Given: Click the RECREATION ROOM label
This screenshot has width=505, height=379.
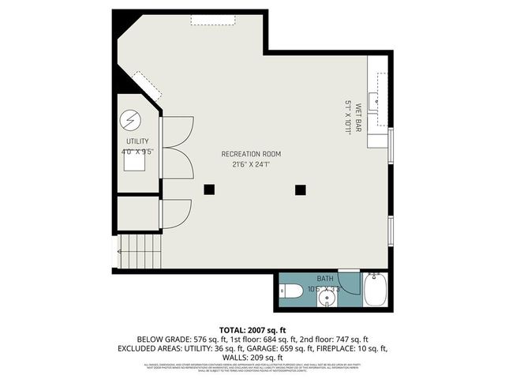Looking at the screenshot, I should click(251, 154).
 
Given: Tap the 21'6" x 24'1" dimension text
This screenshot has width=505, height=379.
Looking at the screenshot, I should click(251, 165).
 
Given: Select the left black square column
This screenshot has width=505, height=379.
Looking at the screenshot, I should click(209, 189).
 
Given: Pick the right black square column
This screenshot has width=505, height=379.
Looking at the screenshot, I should click(300, 189).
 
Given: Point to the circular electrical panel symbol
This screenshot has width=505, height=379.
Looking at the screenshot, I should click(130, 120).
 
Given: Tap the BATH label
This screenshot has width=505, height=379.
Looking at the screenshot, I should click(326, 279).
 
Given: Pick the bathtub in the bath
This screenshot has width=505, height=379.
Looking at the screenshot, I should click(375, 291).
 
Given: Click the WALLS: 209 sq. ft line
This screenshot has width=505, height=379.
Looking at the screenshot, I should click(252, 357).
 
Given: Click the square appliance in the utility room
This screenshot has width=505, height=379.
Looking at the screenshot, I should click(133, 160).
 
